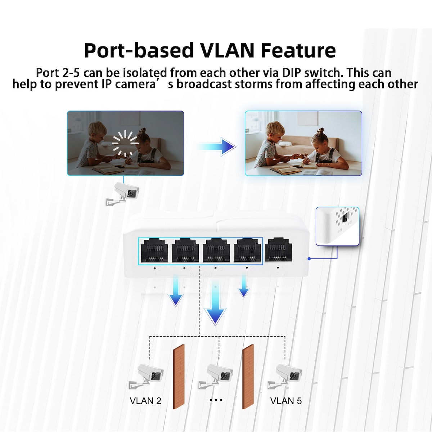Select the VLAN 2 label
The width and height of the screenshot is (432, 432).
tap(145, 401)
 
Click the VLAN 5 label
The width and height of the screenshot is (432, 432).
tap(286, 401)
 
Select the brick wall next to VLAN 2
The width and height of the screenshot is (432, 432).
tap(179, 376)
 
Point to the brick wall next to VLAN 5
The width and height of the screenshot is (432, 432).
tap(248, 376)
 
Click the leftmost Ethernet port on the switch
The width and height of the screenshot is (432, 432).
tap(153, 251)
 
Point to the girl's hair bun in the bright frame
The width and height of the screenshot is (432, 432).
tap(319, 130)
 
